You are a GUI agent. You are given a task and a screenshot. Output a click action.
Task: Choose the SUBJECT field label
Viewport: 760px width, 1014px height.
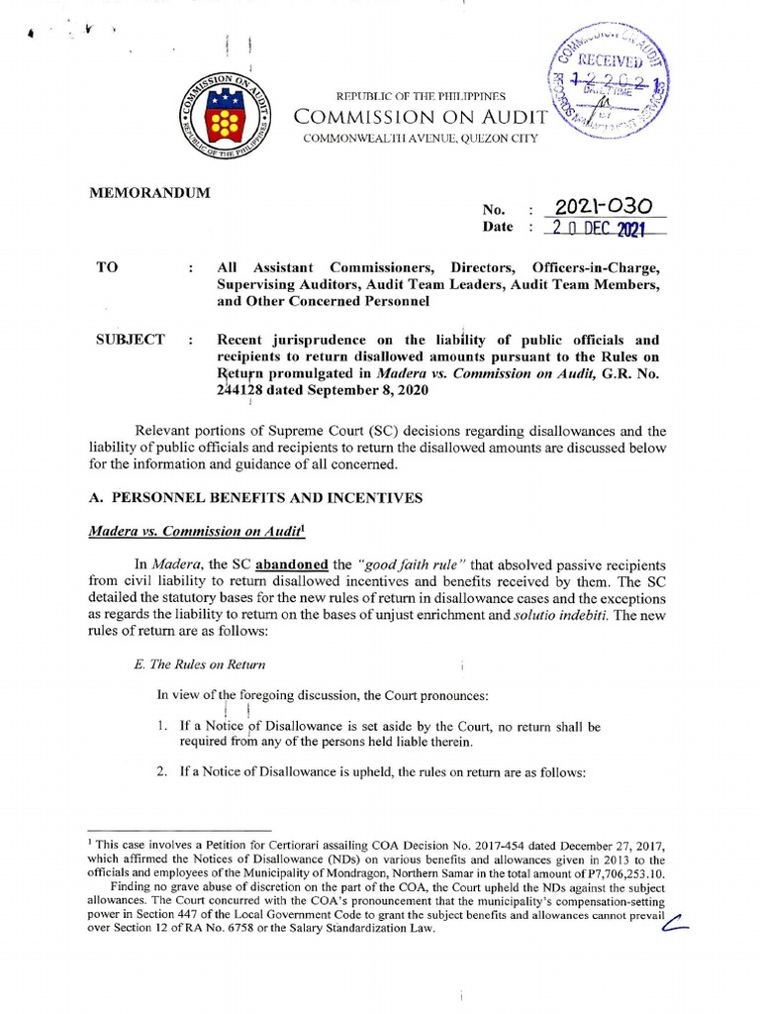130,340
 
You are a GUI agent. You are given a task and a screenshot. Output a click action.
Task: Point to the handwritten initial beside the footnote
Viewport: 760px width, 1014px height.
675,925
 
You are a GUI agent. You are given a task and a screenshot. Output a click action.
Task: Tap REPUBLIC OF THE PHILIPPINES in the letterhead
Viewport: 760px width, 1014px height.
422,96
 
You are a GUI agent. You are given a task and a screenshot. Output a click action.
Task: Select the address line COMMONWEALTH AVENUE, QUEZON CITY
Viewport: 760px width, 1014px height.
422,138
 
